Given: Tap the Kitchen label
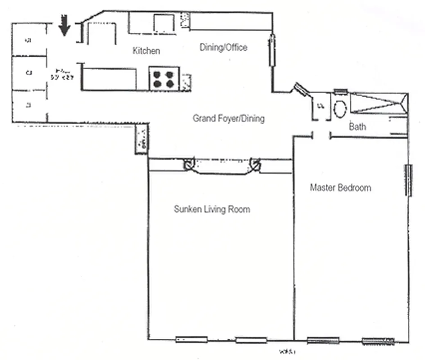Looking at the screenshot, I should [146, 51].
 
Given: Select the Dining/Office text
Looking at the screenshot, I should [223, 47].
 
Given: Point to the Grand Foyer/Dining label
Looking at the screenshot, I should [228, 119].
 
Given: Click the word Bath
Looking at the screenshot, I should [357, 127].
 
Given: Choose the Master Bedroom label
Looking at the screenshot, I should [340, 188].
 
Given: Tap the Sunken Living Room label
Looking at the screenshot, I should [212, 209].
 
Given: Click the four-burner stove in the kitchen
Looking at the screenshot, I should [164, 79].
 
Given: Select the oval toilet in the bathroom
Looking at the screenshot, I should [340, 108].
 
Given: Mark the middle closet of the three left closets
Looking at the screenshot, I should [29, 72].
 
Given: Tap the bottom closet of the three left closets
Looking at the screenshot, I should [29, 106].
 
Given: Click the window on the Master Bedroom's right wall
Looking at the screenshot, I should [409, 180].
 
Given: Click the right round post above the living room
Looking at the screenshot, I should [256, 164].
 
